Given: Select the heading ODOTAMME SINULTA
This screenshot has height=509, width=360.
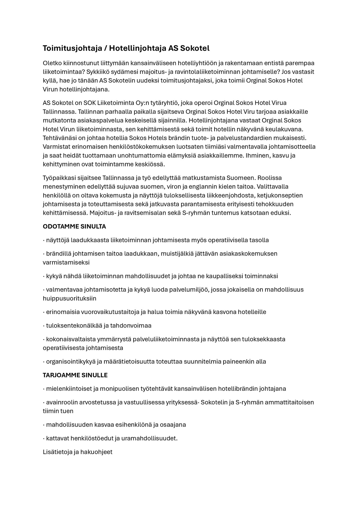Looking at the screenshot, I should click(x=74, y=226).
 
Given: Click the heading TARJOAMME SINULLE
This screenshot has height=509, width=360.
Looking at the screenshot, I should click(x=75, y=375).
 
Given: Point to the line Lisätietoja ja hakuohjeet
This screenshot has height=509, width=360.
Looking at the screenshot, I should click(x=78, y=452).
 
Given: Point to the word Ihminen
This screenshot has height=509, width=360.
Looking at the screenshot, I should click(x=259, y=155).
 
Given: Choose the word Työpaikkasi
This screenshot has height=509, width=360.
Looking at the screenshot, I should click(x=59, y=178).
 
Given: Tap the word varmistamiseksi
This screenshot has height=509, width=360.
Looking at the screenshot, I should click(x=66, y=262).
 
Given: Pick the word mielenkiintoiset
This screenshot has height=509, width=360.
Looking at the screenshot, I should click(x=69, y=389).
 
